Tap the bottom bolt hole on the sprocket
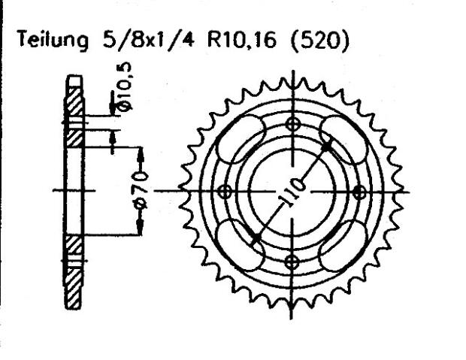[x=293, y=260]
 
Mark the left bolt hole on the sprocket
[x=223, y=192]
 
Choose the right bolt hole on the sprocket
[x=362, y=192]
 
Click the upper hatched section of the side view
[x=74, y=113]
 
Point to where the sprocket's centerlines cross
[x=293, y=192]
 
